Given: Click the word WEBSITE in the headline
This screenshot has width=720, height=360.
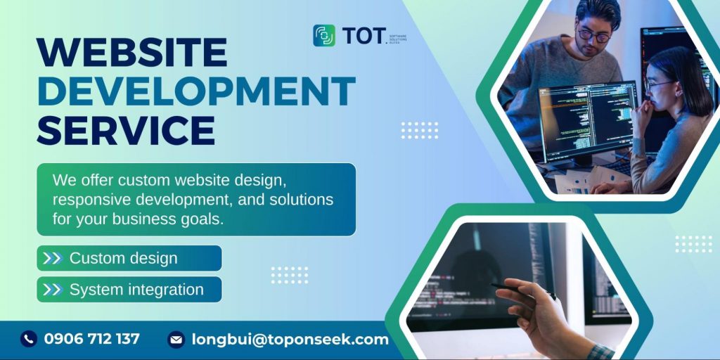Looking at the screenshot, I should (x=132, y=53).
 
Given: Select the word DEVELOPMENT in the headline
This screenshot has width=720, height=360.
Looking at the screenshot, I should (x=196, y=91).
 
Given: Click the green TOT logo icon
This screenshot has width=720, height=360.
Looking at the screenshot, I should (x=324, y=35).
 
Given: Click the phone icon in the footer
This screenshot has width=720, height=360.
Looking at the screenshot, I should (x=28, y=339).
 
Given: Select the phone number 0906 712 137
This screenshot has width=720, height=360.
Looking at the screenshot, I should (x=91, y=339).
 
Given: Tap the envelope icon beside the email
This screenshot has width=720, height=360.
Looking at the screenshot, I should (x=176, y=340).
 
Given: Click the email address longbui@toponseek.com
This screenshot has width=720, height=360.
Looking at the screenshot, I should (x=290, y=340).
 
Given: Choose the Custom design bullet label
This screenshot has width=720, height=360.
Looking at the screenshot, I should (x=123, y=258).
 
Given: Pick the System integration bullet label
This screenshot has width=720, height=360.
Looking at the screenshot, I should (x=136, y=289).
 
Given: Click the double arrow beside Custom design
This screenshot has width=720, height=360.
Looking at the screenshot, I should (x=52, y=258).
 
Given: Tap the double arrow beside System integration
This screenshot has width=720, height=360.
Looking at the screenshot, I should (x=52, y=289).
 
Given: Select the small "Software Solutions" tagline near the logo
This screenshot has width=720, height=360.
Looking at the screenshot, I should (x=398, y=36).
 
